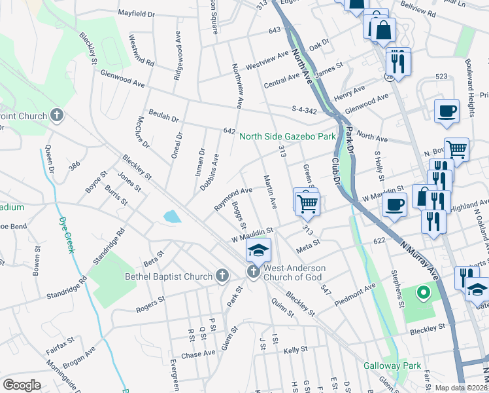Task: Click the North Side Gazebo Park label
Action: pyautogui.click(x=287, y=136)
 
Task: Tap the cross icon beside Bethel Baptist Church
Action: pyautogui.click(x=222, y=276)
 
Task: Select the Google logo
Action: pyautogui.click(x=22, y=385)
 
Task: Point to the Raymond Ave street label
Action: pyautogui.click(x=233, y=199)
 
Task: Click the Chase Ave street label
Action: pyautogui.click(x=198, y=354)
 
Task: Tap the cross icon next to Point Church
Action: pyautogui.click(x=57, y=117)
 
